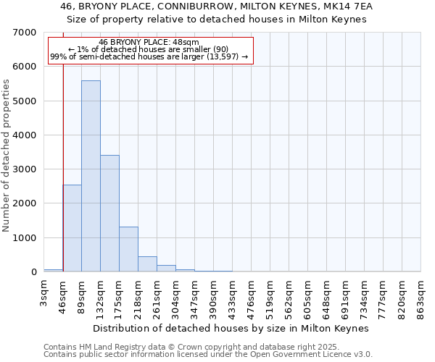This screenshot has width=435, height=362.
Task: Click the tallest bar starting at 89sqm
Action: [x=91, y=176]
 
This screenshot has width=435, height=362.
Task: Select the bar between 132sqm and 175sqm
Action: [x=109, y=214]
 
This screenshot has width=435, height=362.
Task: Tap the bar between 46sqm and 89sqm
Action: [x=72, y=228]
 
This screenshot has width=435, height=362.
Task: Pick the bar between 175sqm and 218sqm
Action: [x=128, y=249]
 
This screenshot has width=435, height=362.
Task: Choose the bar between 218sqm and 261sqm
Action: [x=147, y=264]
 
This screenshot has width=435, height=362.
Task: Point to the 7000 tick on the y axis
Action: [x=25, y=33]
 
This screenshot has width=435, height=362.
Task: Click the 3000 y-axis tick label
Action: [x=25, y=169]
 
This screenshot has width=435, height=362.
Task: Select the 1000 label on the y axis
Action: [x=25, y=238]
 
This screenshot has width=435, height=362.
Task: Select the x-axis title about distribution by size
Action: [x=232, y=328]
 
